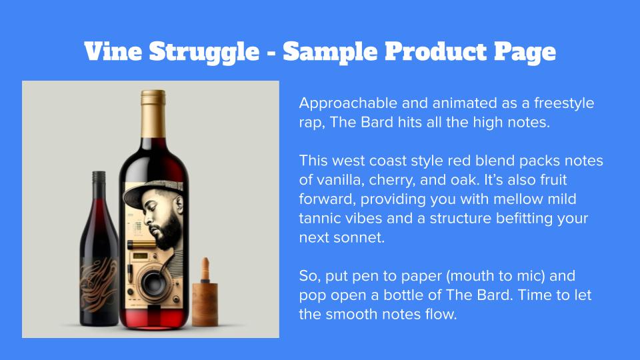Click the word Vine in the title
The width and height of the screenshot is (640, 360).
(x=113, y=51)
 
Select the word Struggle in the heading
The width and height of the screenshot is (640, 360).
(x=204, y=53)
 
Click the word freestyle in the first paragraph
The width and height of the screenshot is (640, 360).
(x=564, y=103)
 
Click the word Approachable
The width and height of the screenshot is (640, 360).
(x=348, y=103)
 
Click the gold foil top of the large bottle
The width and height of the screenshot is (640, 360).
(x=153, y=113)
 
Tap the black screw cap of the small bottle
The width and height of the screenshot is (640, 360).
(x=99, y=180)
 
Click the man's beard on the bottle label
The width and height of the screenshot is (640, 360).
(x=167, y=233)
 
